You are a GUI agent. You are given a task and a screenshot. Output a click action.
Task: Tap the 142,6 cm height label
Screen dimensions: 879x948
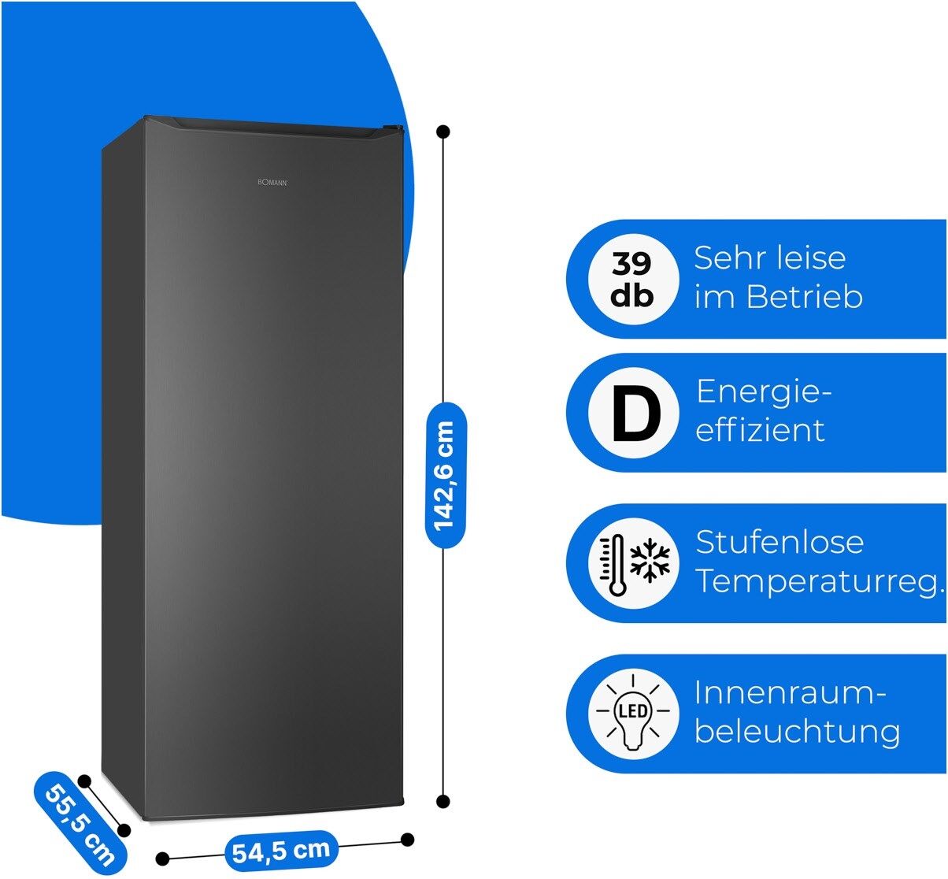coord(445,474)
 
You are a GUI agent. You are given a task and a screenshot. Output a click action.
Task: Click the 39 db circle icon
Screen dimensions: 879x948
coord(633,279)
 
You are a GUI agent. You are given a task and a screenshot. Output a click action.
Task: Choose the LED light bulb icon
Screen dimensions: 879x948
coord(633,714)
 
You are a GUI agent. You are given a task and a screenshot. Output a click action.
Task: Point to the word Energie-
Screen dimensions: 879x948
coord(764,392)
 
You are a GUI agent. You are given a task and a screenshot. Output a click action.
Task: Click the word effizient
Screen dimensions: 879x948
coord(760,430)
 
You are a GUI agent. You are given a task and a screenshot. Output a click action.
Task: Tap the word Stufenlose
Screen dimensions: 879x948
coord(780,543)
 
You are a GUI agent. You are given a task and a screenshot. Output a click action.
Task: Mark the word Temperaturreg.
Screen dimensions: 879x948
coord(819,582)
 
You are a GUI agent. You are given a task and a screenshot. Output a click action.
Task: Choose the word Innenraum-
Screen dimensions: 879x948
coord(791,694)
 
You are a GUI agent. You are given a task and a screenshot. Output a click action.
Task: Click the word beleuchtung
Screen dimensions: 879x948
coord(797,732)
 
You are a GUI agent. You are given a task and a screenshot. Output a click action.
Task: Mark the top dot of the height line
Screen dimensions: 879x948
coord(444,132)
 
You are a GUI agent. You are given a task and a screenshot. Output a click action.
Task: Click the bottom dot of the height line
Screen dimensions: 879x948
coord(443,802)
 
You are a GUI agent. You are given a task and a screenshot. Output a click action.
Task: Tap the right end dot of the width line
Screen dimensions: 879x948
coord(407,840)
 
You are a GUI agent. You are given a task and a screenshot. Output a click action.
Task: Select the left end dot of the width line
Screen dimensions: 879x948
coord(163,858)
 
